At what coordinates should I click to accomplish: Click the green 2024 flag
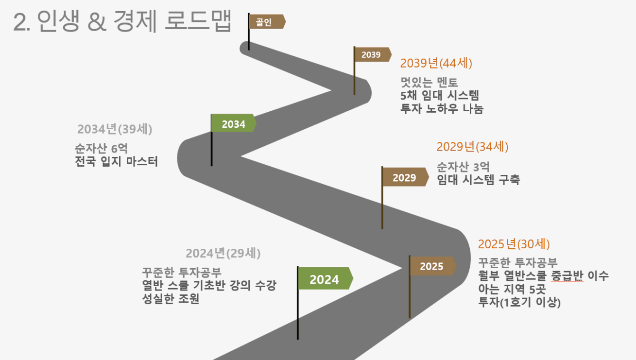click(x=326, y=278)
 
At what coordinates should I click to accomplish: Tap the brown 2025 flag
click(x=433, y=266)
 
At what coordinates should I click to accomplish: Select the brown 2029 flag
click(x=405, y=177)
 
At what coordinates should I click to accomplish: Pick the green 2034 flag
click(x=234, y=123)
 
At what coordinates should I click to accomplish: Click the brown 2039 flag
click(x=373, y=54)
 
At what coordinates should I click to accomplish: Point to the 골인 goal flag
click(x=267, y=21)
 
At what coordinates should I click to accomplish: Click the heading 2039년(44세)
click(x=436, y=63)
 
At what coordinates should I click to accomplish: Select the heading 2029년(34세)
click(x=472, y=147)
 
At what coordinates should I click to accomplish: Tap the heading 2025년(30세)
click(x=514, y=244)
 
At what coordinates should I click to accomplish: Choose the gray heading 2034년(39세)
click(x=115, y=129)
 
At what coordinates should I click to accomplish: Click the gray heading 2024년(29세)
click(x=223, y=253)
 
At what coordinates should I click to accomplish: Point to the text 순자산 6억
click(x=102, y=148)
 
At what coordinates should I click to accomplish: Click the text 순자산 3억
click(x=463, y=167)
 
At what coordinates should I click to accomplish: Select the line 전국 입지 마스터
click(x=117, y=161)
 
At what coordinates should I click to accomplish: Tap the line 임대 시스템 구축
click(x=479, y=180)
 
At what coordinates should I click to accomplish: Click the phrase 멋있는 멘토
click(x=430, y=82)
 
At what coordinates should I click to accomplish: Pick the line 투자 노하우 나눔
click(x=442, y=108)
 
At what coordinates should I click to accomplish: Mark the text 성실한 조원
click(x=171, y=299)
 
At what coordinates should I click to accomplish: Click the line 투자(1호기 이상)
click(x=519, y=302)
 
